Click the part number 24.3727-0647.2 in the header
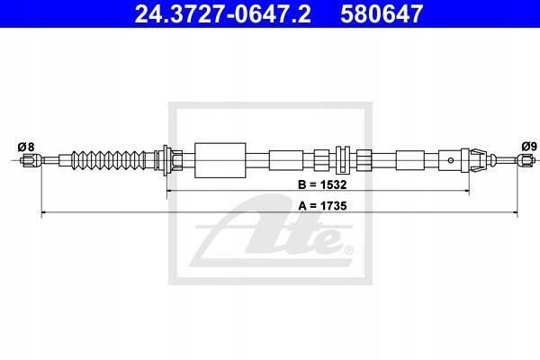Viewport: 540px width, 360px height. click(223, 13)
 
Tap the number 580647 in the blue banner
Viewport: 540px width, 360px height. click(382, 13)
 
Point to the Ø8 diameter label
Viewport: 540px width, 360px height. click(26, 147)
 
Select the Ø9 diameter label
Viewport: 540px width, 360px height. click(529, 147)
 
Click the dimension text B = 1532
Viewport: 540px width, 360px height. click(322, 185)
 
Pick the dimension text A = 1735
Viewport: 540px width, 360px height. click(322, 206)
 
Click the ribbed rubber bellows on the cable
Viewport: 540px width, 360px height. click(109, 160)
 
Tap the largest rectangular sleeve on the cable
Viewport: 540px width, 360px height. click(220, 160)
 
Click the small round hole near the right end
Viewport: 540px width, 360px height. click(451, 160)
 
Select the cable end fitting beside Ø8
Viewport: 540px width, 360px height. click(31, 160)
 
